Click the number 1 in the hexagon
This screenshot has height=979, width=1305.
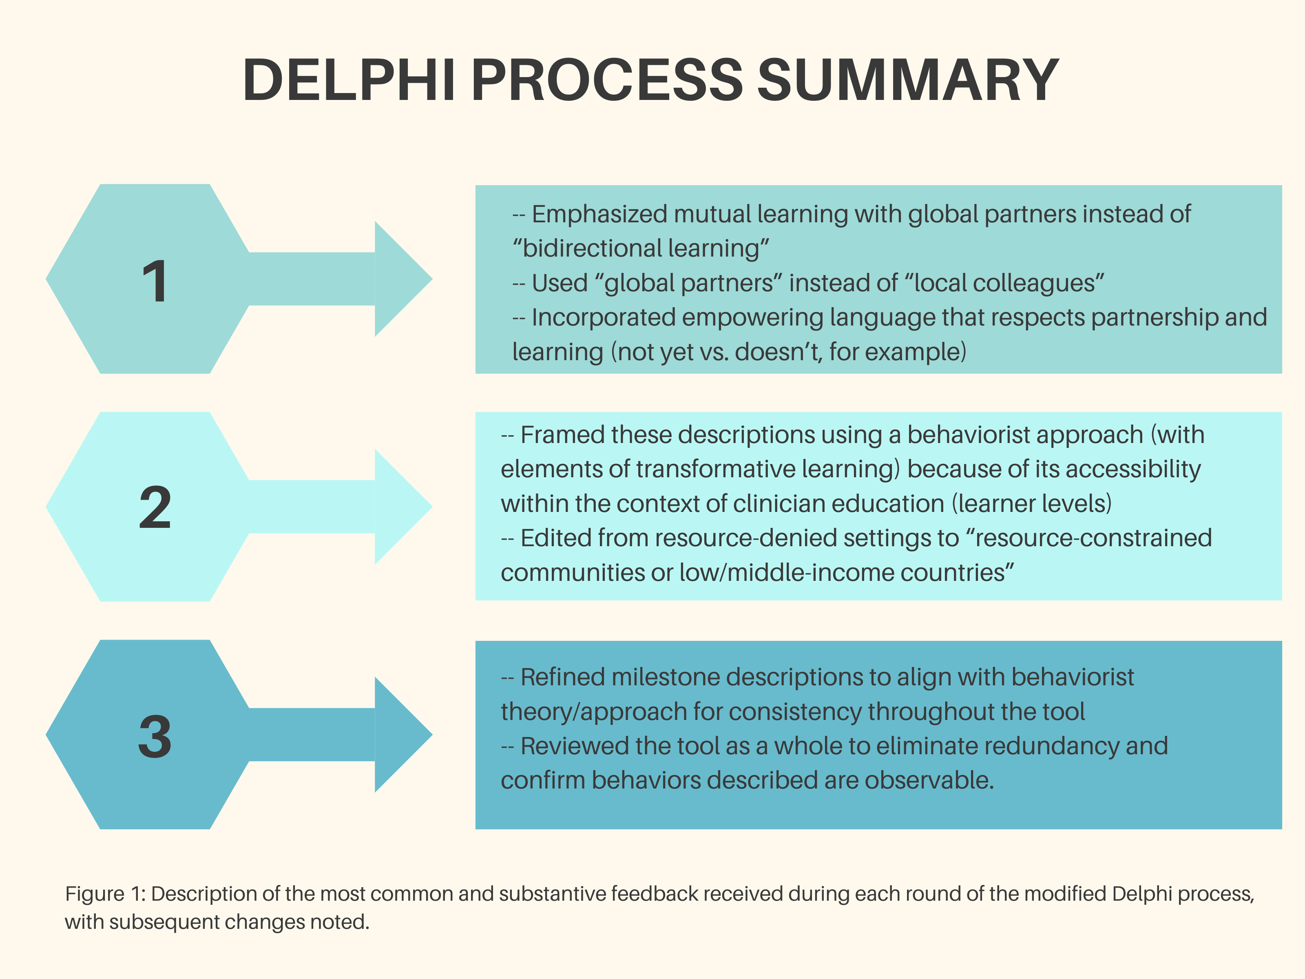click(155, 281)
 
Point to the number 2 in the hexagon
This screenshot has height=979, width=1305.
click(155, 507)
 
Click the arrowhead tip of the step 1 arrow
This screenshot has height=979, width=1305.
click(432, 279)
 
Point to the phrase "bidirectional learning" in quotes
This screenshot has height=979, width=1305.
click(641, 248)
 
